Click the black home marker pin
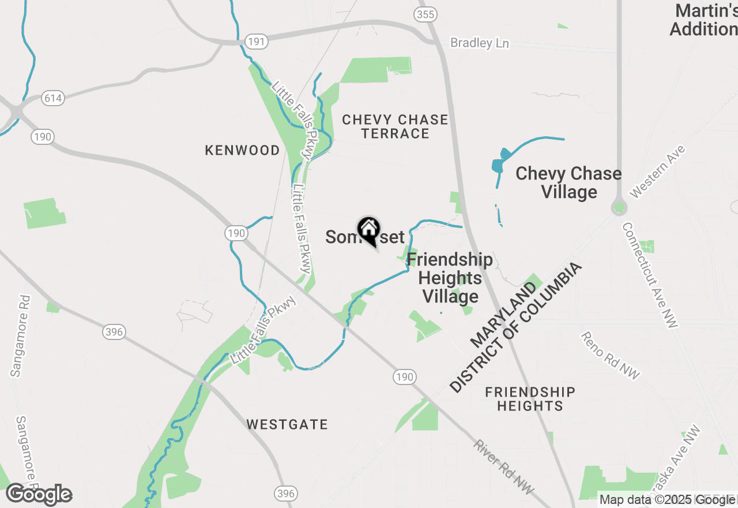tap(368, 230)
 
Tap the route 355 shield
tap(426, 14)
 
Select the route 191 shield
tap(255, 42)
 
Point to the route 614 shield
tap(52, 98)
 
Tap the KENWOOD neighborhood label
tap(242, 150)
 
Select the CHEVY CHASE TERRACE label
tap(395, 126)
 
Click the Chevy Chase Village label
tap(568, 182)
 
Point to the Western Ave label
tap(658, 171)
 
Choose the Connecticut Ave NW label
tap(650, 276)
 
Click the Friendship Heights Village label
tap(450, 278)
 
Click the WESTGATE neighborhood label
tap(287, 425)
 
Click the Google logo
tap(39, 495)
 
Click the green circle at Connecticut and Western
tap(619, 207)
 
